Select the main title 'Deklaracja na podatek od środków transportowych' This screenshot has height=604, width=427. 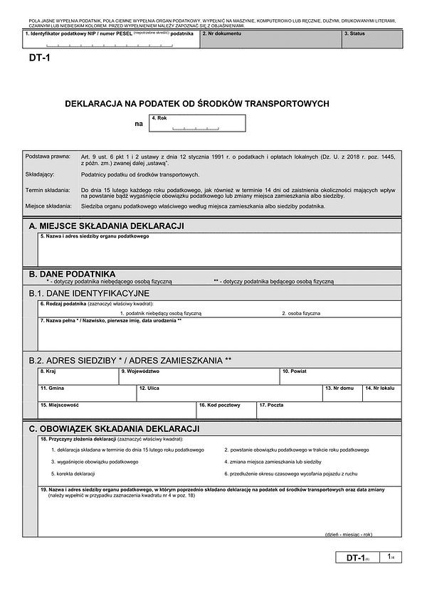[x=197, y=103]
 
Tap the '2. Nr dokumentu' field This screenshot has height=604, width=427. [x=270, y=40]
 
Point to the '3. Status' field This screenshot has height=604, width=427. [x=372, y=40]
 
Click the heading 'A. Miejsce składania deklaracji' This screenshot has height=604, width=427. [x=107, y=226]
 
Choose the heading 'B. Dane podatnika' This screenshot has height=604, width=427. [x=72, y=273]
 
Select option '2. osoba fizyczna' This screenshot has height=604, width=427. [x=301, y=313]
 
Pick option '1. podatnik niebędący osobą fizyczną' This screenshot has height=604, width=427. [x=161, y=313]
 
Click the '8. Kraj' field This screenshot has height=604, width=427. [x=78, y=376]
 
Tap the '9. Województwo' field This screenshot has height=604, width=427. [x=199, y=376]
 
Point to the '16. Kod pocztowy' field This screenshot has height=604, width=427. [x=226, y=410]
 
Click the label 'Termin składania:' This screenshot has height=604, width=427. [x=48, y=191]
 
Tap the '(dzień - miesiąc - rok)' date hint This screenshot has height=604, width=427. [x=349, y=534]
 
